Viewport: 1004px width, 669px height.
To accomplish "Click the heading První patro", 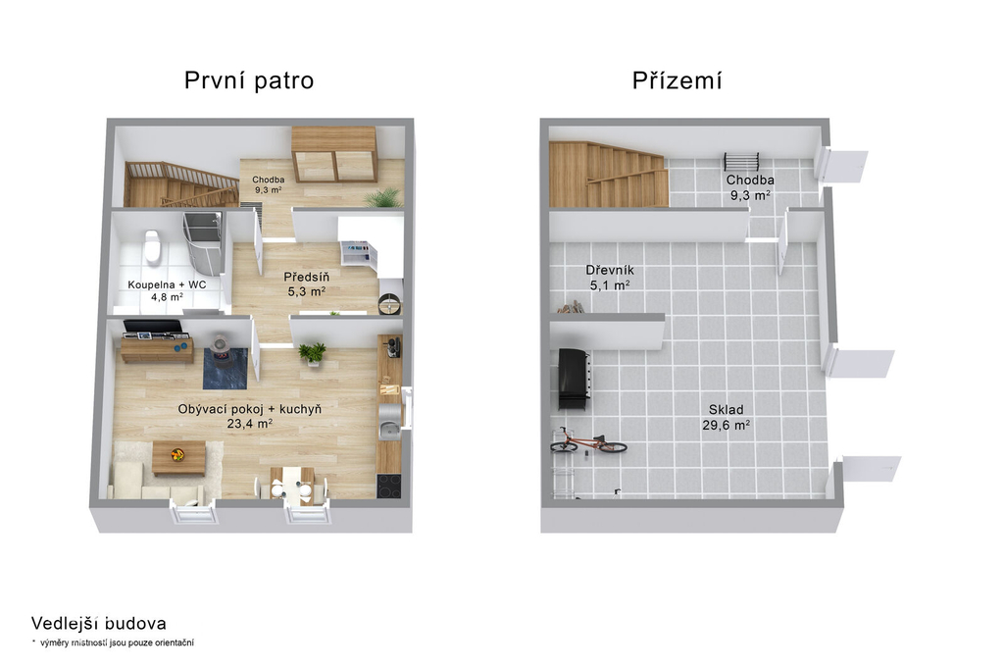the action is [x=249, y=80].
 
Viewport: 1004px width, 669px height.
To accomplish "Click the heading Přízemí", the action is [x=677, y=80].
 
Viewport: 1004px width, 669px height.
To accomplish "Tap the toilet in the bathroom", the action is [x=152, y=246].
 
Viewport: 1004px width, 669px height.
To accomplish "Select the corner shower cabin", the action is [x=202, y=243].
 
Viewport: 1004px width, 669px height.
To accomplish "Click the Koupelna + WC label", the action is [x=167, y=284].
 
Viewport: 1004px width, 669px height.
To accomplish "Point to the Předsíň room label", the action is [x=307, y=278].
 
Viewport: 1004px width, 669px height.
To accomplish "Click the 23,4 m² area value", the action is [x=250, y=424].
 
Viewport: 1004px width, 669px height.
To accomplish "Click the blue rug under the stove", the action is [x=225, y=368].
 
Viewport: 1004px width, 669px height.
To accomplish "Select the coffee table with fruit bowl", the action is [x=178, y=457].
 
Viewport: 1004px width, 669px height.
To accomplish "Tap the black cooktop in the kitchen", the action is [x=388, y=486].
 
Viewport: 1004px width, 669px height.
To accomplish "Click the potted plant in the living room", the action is [x=313, y=354].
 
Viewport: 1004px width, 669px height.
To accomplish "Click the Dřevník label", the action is [x=610, y=270].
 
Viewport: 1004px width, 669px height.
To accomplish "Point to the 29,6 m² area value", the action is [x=727, y=424].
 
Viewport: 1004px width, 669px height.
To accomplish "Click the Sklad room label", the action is [x=727, y=409].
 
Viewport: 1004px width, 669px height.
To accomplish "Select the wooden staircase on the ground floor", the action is [x=607, y=175].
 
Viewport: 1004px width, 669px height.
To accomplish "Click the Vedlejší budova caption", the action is [x=99, y=624].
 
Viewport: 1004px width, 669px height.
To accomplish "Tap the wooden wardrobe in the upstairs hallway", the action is [x=333, y=154].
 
